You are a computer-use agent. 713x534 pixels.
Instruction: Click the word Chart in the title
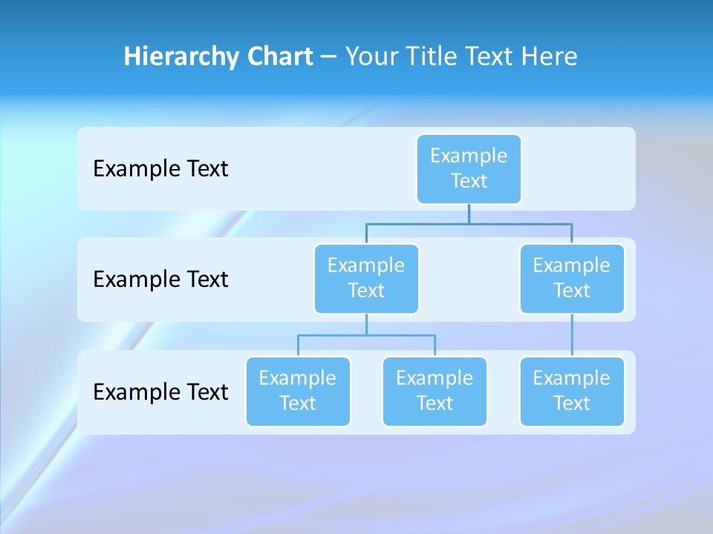[279, 56]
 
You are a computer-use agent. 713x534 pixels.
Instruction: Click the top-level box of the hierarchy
[469, 169]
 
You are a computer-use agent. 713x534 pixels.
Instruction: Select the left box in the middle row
[366, 279]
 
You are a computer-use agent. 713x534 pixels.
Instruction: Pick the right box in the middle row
[572, 279]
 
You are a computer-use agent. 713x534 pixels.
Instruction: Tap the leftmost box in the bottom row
[298, 392]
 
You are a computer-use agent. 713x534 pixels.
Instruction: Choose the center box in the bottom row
[434, 392]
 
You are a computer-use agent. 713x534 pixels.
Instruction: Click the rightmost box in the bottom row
[572, 392]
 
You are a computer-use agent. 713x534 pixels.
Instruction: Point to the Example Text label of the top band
[160, 169]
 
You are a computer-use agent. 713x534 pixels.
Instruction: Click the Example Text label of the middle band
[160, 280]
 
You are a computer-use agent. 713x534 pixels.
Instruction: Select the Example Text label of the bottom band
[160, 392]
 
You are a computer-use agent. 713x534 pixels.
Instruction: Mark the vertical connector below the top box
[469, 214]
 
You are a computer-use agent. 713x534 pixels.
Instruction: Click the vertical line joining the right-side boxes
[572, 335]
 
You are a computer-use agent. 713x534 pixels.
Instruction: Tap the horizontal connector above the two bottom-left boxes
[366, 335]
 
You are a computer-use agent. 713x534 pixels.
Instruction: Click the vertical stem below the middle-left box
[366, 324]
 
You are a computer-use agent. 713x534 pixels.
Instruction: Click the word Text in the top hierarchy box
[469, 181]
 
